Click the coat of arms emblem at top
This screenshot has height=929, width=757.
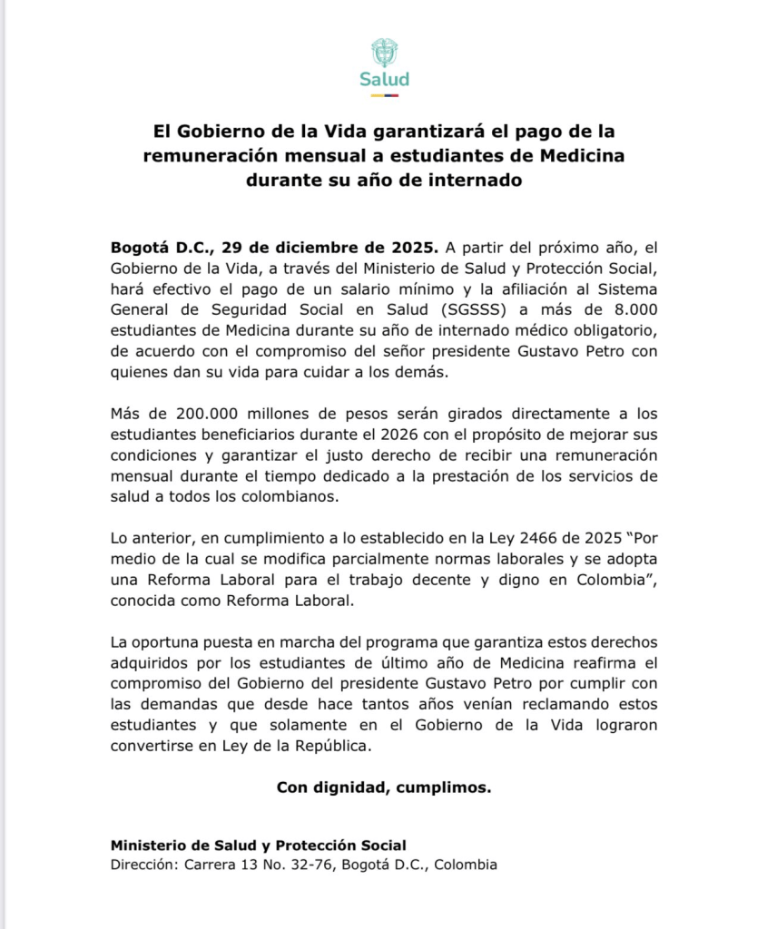[x=384, y=52]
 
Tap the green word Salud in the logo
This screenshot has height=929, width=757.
[x=384, y=79]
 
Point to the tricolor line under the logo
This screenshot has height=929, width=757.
[x=384, y=94]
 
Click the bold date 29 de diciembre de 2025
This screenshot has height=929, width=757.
[x=329, y=247]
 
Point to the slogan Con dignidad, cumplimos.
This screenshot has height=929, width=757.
[x=384, y=787]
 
